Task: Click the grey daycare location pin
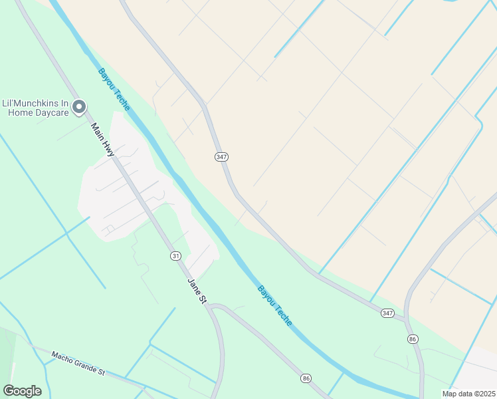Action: [x=79, y=106]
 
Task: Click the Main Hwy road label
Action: [x=103, y=140]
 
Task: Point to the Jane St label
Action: [x=197, y=291]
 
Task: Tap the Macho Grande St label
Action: [x=78, y=363]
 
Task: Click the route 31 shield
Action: [x=175, y=255]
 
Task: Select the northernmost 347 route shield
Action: [x=222, y=156]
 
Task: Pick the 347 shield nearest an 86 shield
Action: [x=388, y=313]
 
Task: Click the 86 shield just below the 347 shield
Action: [x=413, y=339]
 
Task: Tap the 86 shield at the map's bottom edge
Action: [x=306, y=378]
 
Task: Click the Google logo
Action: [x=22, y=391]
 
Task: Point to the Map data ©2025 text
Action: [x=468, y=394]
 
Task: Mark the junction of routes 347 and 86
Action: [x=406, y=320]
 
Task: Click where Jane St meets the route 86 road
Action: [x=208, y=307]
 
